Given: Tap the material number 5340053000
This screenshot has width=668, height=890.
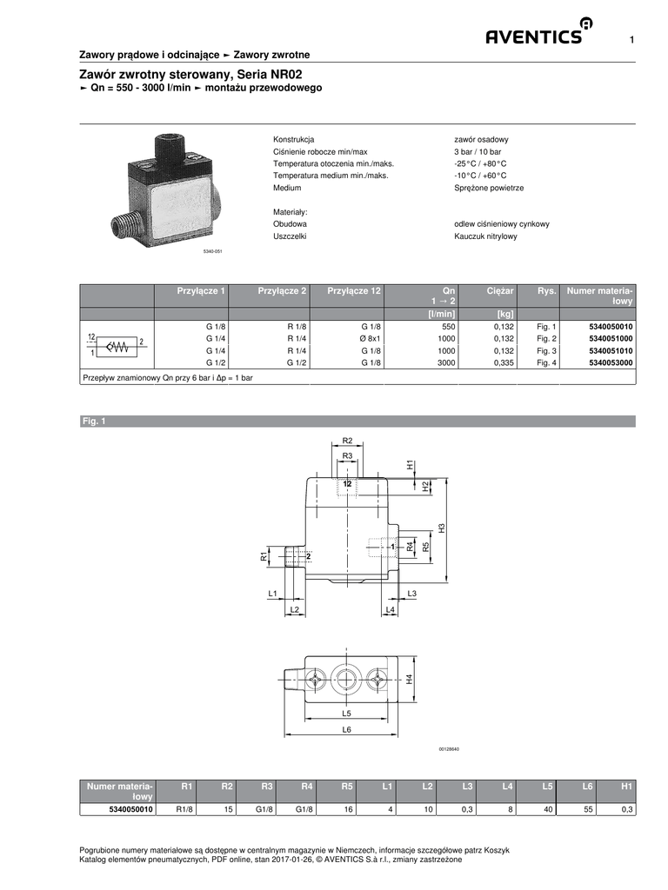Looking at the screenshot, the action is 611,362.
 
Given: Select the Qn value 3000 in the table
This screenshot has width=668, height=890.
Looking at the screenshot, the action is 446,362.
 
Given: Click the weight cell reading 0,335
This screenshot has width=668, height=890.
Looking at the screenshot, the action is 504,362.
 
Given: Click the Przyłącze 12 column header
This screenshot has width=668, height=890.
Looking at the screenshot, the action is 354,290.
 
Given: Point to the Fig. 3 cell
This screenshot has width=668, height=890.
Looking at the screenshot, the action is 546,351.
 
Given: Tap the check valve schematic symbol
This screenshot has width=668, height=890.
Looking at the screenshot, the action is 117,345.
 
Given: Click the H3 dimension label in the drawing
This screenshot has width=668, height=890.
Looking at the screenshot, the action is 441,528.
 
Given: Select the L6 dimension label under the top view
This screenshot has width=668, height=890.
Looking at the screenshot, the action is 346,729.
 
